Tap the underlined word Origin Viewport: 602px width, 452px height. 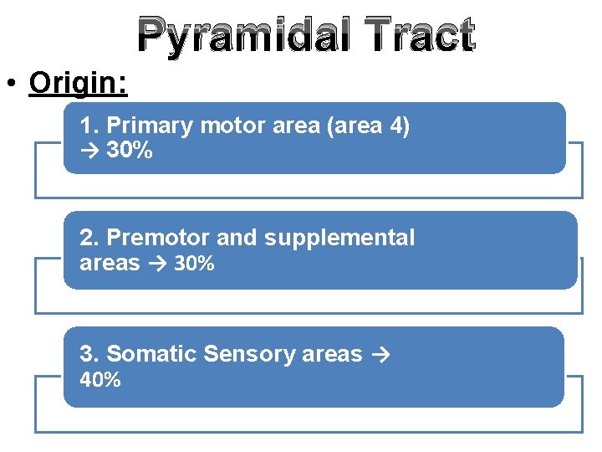point(78,83)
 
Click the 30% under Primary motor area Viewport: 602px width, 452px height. point(130,152)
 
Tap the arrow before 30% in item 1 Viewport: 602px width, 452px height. point(90,152)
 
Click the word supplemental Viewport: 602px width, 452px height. point(339,239)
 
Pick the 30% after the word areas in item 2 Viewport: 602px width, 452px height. point(195,264)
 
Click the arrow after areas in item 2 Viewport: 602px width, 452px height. point(158,264)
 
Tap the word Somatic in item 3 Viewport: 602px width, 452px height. point(151,354)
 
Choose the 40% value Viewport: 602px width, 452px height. point(100,380)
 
